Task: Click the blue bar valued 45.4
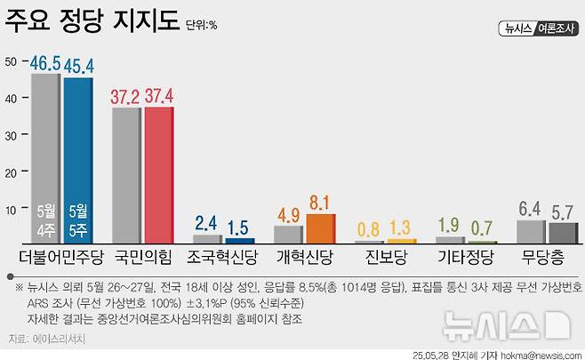77,160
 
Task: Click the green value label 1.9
449,224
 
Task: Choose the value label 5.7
562,212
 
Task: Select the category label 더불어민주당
61,260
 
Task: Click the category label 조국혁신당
223,260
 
